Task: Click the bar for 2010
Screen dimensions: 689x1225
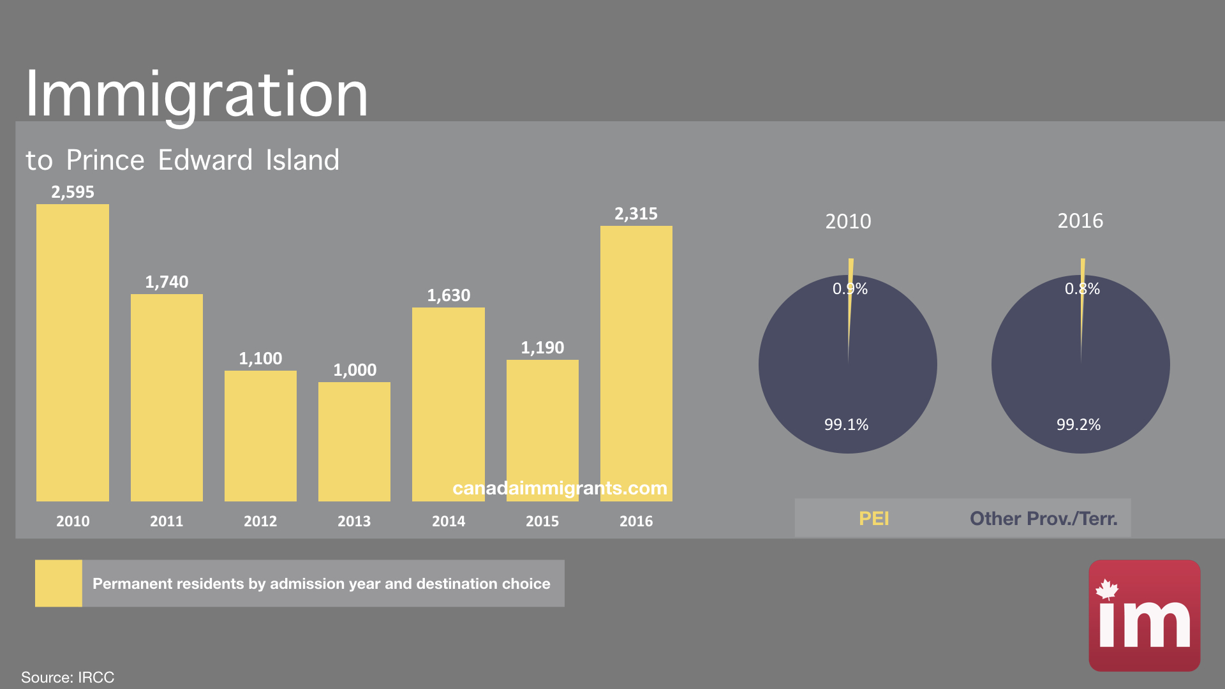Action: pyautogui.click(x=72, y=352)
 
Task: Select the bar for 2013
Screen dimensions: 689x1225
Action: pyautogui.click(x=354, y=441)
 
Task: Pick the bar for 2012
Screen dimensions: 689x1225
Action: pyautogui.click(x=260, y=436)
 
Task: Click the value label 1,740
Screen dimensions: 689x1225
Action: pyautogui.click(x=167, y=282)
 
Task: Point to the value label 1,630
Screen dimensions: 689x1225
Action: pyautogui.click(x=449, y=295)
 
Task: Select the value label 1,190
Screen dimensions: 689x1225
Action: pyautogui.click(x=542, y=348)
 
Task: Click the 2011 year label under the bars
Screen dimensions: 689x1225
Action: pyautogui.click(x=167, y=521)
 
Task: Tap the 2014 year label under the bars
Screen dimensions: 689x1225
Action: pyautogui.click(x=449, y=521)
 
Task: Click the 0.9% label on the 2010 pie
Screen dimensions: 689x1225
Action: pyautogui.click(x=850, y=289)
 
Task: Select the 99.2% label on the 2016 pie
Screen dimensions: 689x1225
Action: pyautogui.click(x=1078, y=425)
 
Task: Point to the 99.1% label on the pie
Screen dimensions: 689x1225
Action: pyautogui.click(x=846, y=425)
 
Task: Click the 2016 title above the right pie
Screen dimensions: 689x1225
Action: pyautogui.click(x=1080, y=221)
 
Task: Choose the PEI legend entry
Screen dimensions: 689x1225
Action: pyautogui.click(x=873, y=519)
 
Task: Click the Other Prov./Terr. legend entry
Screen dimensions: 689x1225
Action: pyautogui.click(x=1043, y=519)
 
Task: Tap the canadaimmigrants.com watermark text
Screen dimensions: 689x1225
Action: pyautogui.click(x=560, y=488)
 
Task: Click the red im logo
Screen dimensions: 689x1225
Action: pyautogui.click(x=1144, y=615)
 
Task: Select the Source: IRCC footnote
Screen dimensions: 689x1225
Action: pyautogui.click(x=68, y=677)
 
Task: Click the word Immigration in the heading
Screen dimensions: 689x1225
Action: pyautogui.click(x=197, y=94)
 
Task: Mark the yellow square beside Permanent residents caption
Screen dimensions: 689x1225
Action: pyautogui.click(x=58, y=583)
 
